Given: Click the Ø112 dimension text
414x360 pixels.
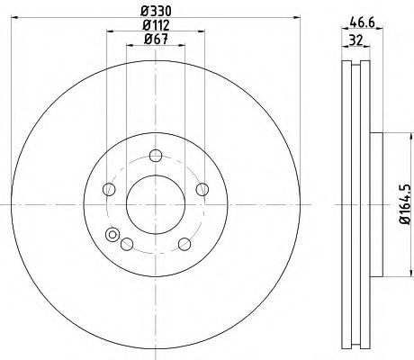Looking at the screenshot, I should pos(156,24).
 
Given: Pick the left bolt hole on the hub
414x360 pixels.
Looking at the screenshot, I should pos(109,188).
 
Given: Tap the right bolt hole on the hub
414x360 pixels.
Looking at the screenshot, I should pos(202,188).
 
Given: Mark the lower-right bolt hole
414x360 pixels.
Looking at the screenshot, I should pos(184,243).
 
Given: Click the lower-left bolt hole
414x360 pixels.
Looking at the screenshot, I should pos(126,243).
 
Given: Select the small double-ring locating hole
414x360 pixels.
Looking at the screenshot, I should pos(112,236).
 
